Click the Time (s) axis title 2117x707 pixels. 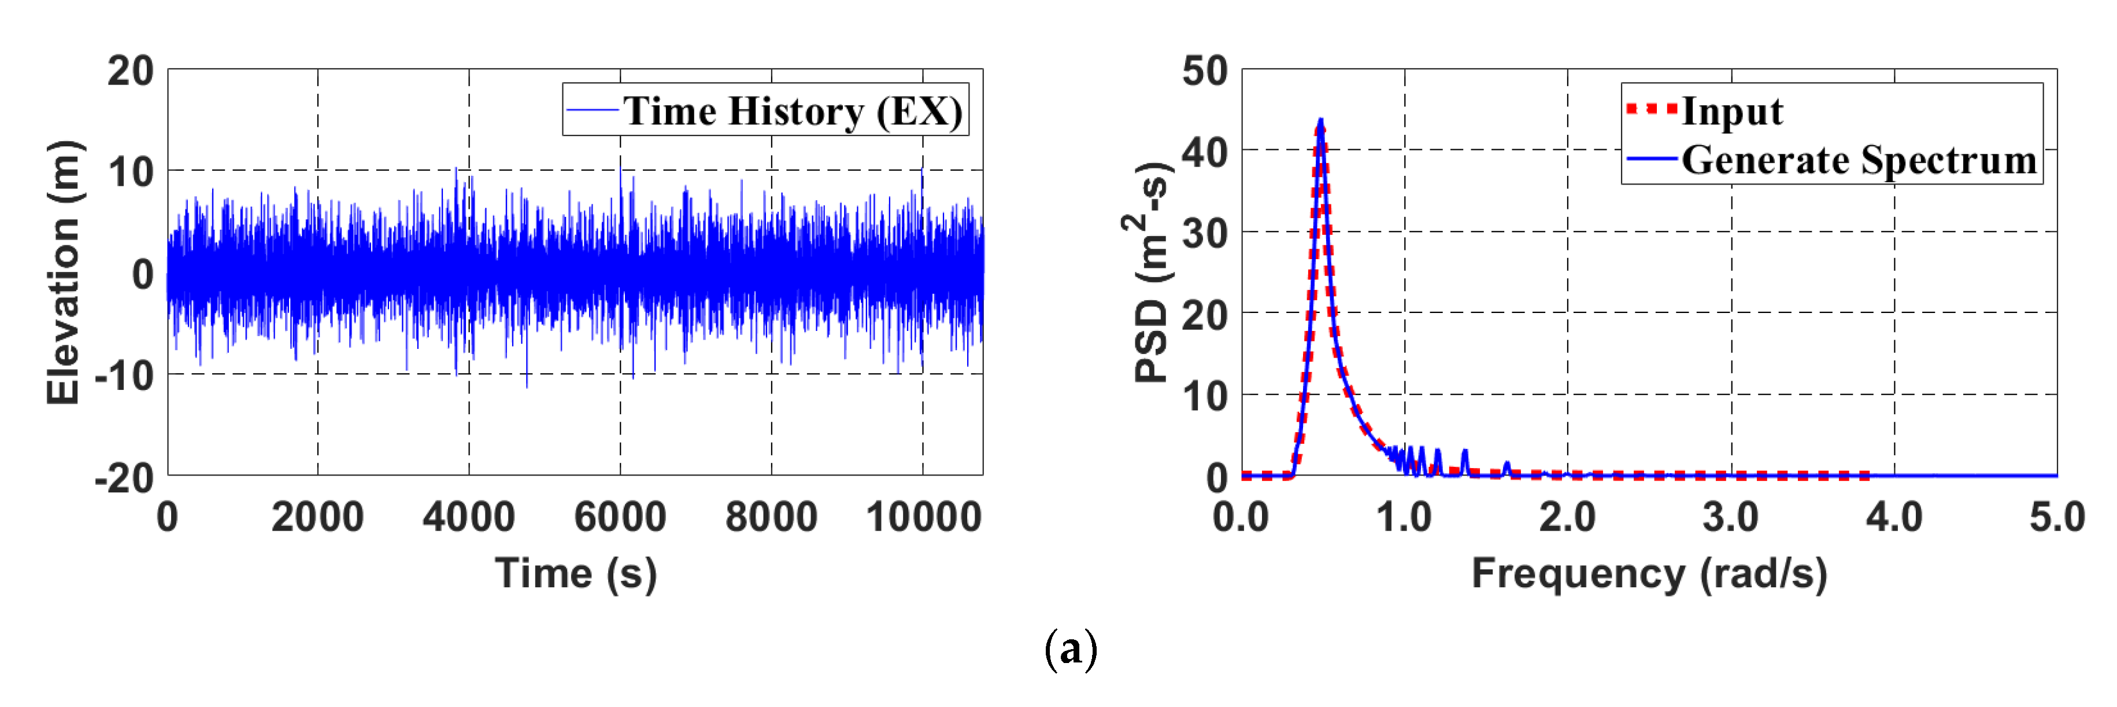(575, 573)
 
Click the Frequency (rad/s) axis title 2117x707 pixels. (1649, 573)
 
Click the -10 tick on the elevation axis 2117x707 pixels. (125, 375)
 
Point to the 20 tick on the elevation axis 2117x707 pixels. (130, 72)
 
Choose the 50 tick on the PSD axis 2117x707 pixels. (1204, 72)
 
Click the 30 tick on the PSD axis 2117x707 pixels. (1204, 234)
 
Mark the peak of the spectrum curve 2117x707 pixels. (1320, 121)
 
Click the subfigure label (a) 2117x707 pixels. (1070, 650)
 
